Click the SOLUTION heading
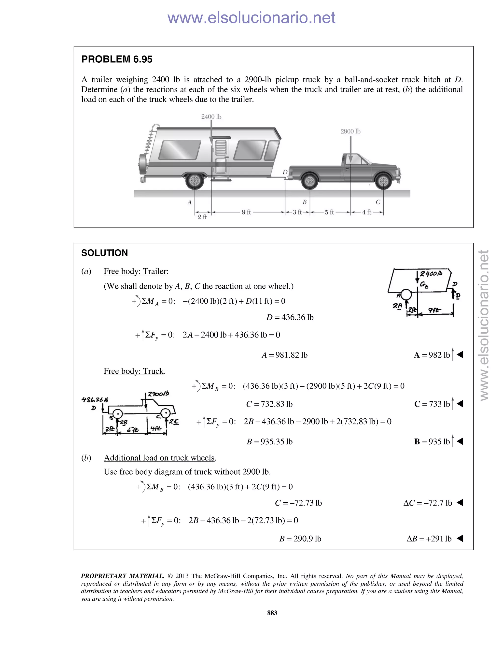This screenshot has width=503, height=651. (104, 253)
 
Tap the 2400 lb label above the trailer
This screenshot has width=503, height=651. (211, 116)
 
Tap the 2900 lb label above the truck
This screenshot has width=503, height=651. (350, 131)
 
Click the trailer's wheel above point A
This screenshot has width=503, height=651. (195, 181)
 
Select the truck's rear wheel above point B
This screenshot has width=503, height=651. (310, 181)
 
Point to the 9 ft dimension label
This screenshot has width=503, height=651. (246, 212)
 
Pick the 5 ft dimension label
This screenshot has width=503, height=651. (329, 212)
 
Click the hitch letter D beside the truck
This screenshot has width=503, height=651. (285, 172)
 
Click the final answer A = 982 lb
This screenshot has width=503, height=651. (432, 355)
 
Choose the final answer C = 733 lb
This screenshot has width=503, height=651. (432, 404)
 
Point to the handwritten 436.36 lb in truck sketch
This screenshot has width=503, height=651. (95, 399)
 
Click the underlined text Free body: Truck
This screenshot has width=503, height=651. (134, 371)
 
